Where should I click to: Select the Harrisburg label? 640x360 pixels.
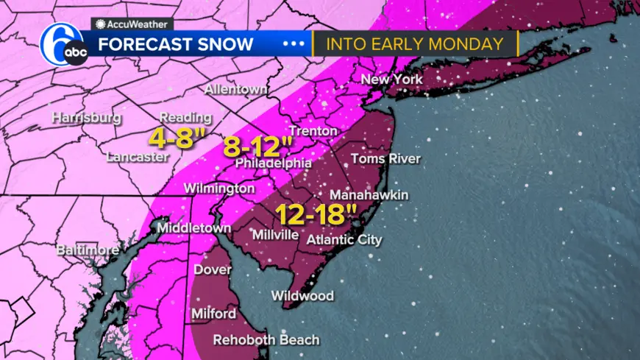tap(86, 118)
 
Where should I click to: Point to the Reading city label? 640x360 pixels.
tap(185, 118)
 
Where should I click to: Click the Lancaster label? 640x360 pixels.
tap(138, 157)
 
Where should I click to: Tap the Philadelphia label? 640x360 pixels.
tap(274, 163)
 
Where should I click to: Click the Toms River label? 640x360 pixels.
tap(385, 158)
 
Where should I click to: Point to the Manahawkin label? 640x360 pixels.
tap(369, 195)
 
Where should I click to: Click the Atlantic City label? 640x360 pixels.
tap(344, 239)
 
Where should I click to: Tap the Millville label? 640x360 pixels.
tap(275, 235)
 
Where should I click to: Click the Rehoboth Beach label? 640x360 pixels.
tap(266, 340)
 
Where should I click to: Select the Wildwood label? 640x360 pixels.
tap(302, 296)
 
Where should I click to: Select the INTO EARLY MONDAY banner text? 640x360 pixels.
tap(414, 43)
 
